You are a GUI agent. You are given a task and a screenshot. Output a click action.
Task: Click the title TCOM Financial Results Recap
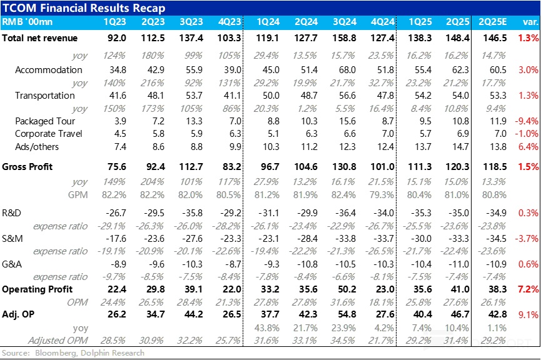coord(84,8)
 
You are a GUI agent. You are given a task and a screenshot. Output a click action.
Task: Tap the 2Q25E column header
coord(492,22)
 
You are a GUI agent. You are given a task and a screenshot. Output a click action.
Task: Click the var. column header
coord(529,22)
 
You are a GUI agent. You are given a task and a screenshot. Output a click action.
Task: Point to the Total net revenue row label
coord(40,38)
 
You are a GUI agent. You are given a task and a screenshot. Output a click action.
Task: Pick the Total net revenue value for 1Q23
coord(118,38)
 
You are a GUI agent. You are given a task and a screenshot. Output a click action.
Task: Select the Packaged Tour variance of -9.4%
coord(527,121)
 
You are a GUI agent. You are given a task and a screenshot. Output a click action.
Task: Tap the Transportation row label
coord(45,96)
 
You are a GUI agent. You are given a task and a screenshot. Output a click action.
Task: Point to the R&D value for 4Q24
coord(382,213)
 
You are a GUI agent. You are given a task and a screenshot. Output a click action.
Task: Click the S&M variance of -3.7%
coord(527,238)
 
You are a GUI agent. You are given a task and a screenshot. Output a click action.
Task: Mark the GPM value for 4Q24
coord(383,194)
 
